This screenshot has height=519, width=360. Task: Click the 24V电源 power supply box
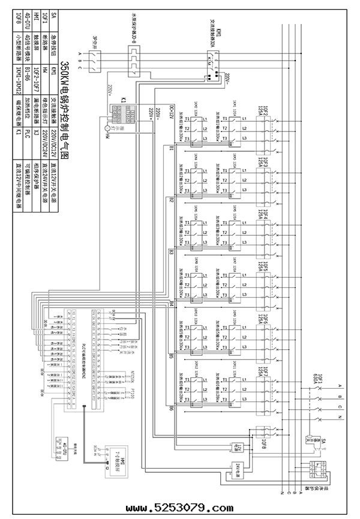238,467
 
